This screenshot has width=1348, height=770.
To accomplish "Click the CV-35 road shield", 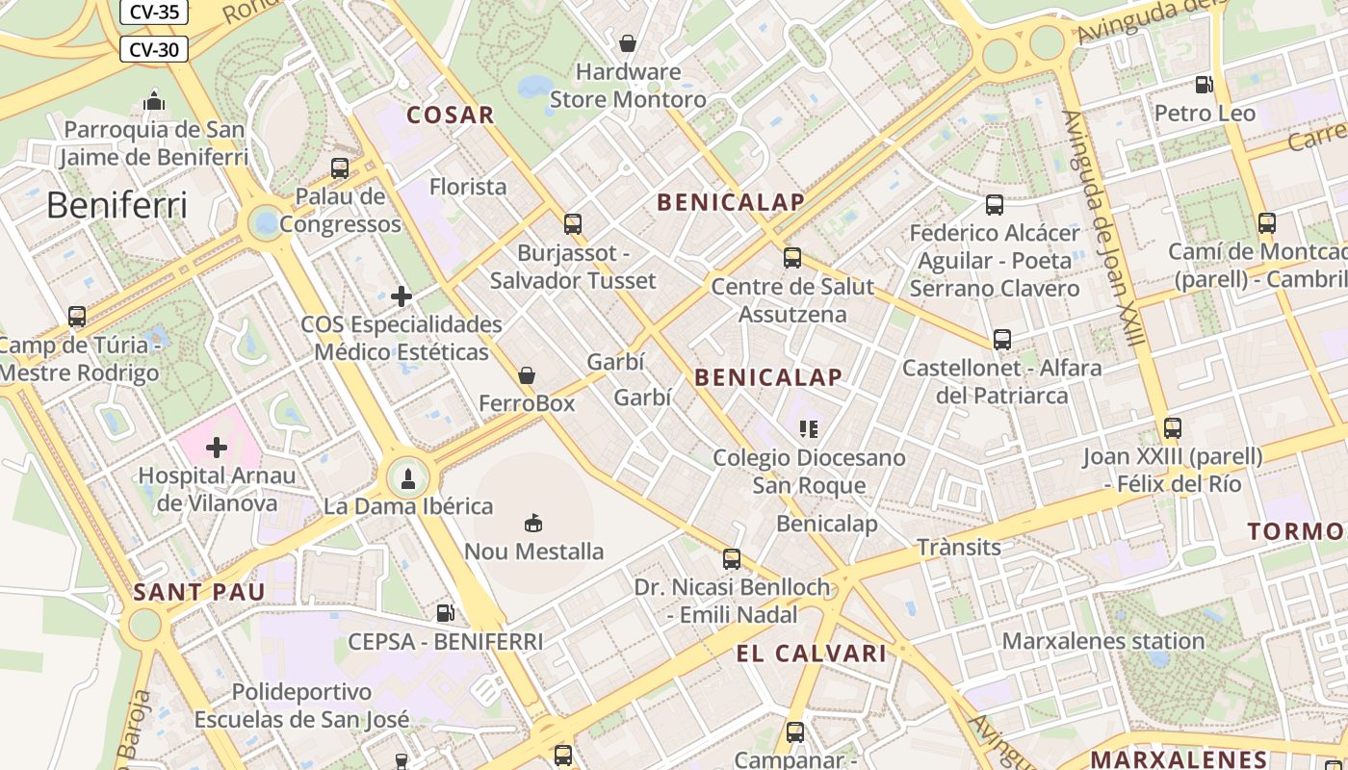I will pyautogui.click(x=153, y=13).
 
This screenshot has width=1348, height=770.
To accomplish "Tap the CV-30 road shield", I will pyautogui.click(x=153, y=49).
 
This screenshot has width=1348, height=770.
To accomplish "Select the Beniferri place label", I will pyautogui.click(x=117, y=205).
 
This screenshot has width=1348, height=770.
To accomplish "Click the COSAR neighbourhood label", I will pyautogui.click(x=450, y=115).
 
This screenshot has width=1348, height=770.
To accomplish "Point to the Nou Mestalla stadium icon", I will pyautogui.click(x=532, y=523).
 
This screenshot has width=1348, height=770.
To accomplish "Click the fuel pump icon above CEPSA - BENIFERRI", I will pyautogui.click(x=445, y=612).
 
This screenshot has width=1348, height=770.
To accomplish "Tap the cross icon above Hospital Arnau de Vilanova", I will pyautogui.click(x=217, y=448).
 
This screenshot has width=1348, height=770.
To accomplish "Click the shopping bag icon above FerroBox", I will pyautogui.click(x=527, y=375).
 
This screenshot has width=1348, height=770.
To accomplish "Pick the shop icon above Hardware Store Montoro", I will pyautogui.click(x=628, y=43).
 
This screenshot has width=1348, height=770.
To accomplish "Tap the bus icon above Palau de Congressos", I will pyautogui.click(x=340, y=168).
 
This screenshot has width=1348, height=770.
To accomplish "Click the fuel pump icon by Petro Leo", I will pyautogui.click(x=1204, y=85).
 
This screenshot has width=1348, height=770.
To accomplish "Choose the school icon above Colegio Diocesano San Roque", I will pyautogui.click(x=809, y=429).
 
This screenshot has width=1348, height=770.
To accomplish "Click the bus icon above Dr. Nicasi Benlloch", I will pyautogui.click(x=732, y=559).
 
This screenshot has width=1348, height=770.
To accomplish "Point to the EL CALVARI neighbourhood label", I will pyautogui.click(x=811, y=654).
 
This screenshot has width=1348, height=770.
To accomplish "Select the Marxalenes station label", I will pyautogui.click(x=1102, y=641).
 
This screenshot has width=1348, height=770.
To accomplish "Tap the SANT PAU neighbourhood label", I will pyautogui.click(x=198, y=592).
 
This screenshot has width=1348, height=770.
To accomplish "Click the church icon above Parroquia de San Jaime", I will pyautogui.click(x=153, y=100).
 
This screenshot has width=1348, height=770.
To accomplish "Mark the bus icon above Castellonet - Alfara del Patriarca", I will pyautogui.click(x=1002, y=340).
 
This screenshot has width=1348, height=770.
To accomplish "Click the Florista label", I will pyautogui.click(x=468, y=187).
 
